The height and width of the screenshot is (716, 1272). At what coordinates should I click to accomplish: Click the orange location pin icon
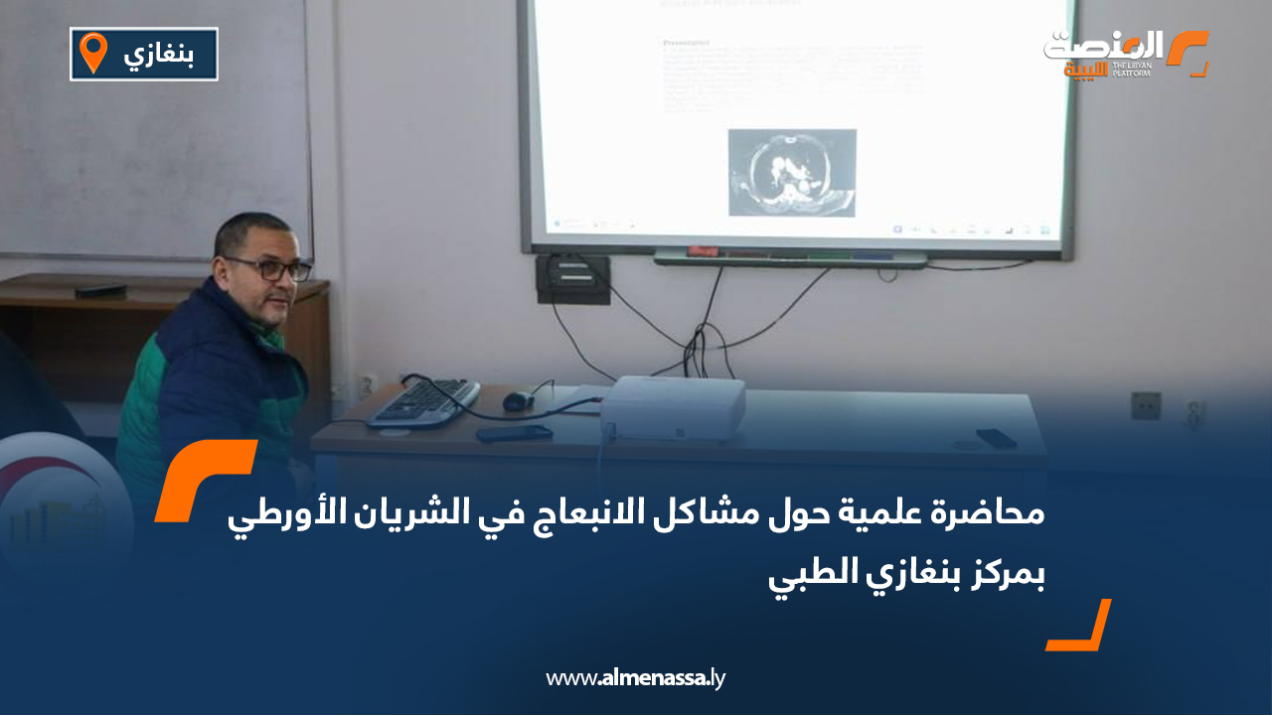93,53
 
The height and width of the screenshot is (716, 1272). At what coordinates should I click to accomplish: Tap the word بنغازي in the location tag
156,56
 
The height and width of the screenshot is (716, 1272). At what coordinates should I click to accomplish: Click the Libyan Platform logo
1124,54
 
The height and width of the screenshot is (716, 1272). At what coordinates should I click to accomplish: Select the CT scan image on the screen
791,172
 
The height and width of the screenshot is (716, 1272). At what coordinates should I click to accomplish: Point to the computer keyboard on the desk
423,401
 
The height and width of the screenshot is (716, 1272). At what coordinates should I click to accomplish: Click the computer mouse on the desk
517,401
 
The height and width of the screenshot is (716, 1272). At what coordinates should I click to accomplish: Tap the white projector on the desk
675,407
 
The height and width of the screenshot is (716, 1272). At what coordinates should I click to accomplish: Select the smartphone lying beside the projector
513,434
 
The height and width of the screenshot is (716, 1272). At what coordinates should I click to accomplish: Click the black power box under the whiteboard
572,279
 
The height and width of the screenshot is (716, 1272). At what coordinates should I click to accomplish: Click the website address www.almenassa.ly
636,678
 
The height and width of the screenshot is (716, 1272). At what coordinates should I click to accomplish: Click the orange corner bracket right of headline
1080,626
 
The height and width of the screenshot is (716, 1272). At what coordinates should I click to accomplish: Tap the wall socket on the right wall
1145,405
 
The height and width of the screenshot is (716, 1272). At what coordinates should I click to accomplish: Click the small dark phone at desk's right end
996,437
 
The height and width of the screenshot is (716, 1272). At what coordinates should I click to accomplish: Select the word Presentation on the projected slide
686,44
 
